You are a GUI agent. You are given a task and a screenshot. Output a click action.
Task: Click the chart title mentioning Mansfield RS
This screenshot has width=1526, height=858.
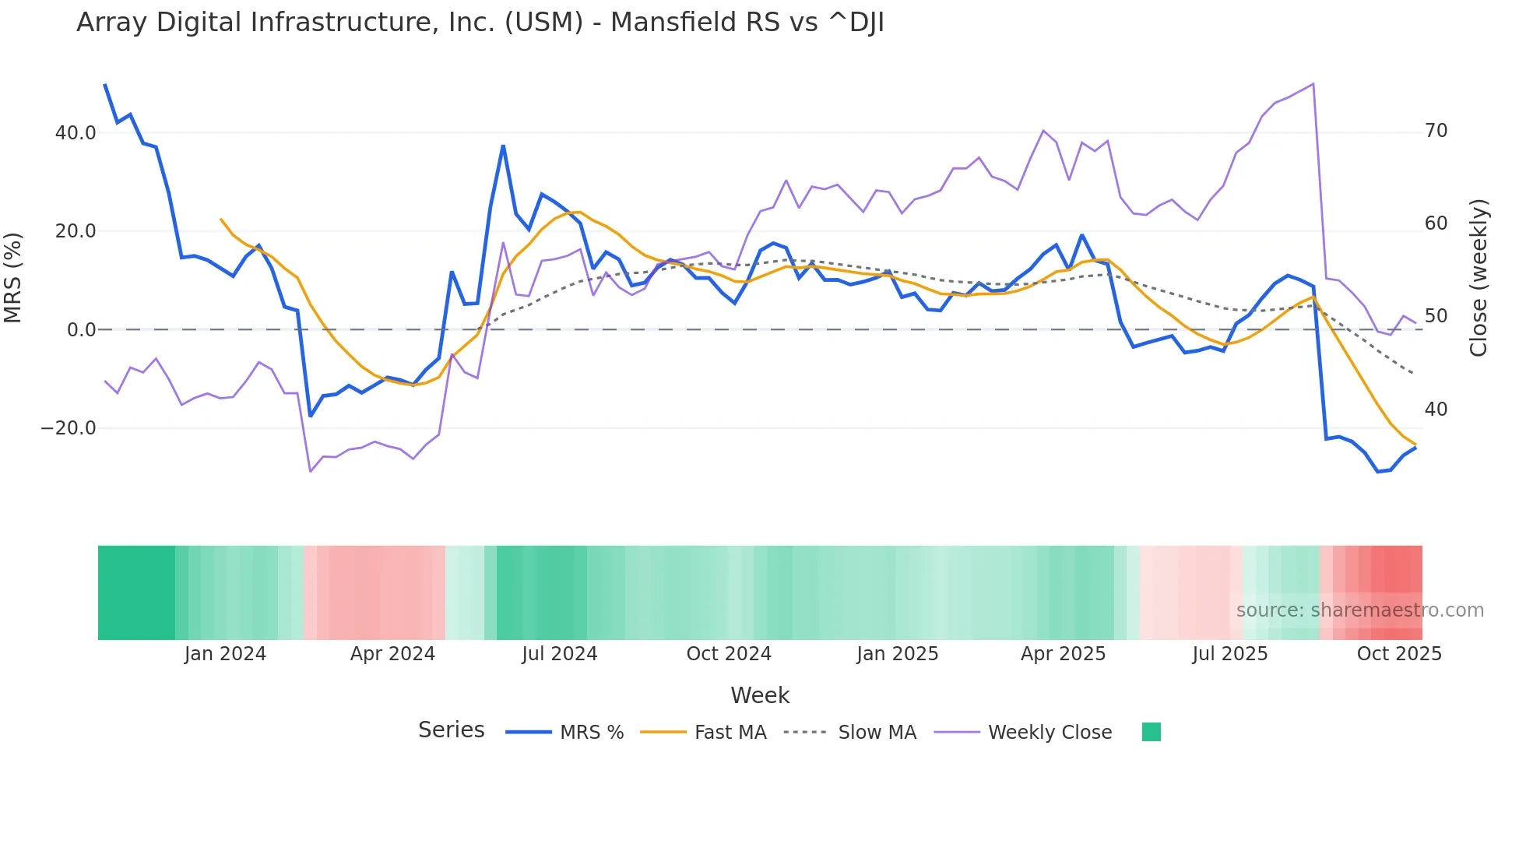tap(480, 23)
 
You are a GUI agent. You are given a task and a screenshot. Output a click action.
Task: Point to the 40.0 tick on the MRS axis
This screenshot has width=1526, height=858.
tap(76, 133)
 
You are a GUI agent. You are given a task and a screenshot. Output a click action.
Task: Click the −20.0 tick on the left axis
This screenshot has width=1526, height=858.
tap(69, 428)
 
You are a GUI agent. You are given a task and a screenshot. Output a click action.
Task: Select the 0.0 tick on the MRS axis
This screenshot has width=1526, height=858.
tap(81, 330)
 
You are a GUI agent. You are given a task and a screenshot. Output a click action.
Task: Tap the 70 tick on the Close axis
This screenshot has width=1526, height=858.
tap(1436, 131)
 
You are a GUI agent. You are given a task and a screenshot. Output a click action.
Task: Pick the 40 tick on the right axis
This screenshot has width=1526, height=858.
tap(1436, 410)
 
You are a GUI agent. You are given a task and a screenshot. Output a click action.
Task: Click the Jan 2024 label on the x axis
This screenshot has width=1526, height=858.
tap(225, 654)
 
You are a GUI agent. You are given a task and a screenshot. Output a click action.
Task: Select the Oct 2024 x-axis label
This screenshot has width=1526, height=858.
tap(728, 654)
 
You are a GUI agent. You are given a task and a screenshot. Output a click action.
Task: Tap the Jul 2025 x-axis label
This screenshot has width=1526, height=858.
tap(1229, 654)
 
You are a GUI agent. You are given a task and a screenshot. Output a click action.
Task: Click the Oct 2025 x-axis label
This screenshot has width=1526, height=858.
tap(1398, 654)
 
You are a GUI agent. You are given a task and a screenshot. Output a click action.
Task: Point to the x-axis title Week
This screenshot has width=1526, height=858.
tap(760, 695)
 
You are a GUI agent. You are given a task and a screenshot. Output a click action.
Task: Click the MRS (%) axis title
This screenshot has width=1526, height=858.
tap(13, 278)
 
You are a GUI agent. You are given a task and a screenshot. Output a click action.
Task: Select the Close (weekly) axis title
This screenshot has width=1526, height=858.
tap(1479, 278)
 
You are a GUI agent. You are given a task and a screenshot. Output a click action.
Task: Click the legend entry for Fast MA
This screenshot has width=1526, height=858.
tap(730, 733)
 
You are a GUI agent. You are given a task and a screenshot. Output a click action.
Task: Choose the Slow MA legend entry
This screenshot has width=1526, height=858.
tap(877, 733)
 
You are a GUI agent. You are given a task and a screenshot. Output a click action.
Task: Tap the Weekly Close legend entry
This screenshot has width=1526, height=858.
tap(1049, 733)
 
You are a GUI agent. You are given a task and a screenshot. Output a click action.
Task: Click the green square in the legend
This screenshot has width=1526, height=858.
tap(1151, 732)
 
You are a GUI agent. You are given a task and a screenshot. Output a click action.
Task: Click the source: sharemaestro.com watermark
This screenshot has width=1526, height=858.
tap(1359, 610)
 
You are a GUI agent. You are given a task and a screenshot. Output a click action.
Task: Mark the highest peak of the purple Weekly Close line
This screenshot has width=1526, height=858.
tap(1313, 84)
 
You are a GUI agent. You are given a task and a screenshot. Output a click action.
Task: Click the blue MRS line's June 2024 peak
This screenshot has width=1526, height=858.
tap(503, 146)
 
